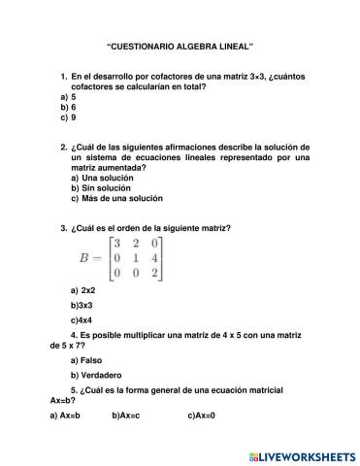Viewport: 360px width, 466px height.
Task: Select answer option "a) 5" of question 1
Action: [67, 98]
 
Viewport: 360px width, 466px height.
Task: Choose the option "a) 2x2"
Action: [82, 290]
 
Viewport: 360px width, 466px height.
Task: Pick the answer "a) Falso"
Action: [86, 360]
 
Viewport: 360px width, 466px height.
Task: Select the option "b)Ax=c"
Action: [126, 416]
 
